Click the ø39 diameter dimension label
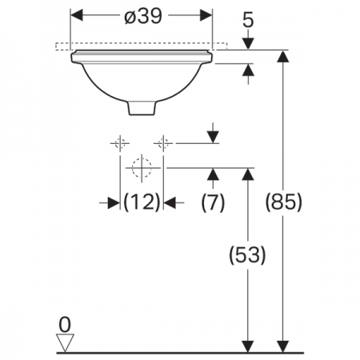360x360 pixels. coord(143,16)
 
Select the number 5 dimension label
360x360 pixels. coord(248,20)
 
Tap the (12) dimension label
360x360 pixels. coord(142,202)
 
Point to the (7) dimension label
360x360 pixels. coord(213,202)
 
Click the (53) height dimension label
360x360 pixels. coord(248,254)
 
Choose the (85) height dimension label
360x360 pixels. coord(284,202)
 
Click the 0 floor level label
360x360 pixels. coord(65,325)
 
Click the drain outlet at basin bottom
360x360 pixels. coord(142,108)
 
